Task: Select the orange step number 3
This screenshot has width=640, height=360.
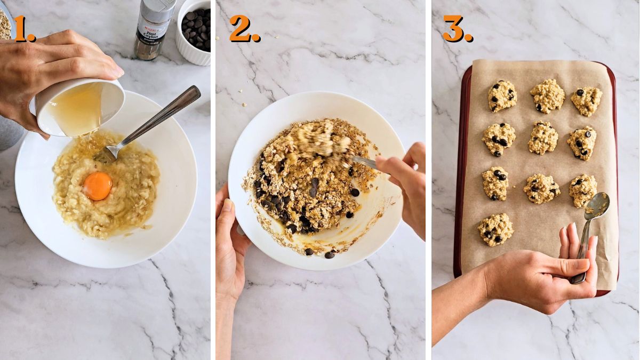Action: (x=457, y=29)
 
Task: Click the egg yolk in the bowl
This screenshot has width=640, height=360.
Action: (x=98, y=186)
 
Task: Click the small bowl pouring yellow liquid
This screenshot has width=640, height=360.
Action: (x=80, y=107)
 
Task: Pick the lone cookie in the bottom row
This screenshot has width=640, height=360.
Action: (x=495, y=229)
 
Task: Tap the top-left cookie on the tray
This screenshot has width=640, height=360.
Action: (x=502, y=95)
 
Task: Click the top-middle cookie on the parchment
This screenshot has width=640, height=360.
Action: (x=547, y=96)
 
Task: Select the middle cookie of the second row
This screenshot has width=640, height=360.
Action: (x=543, y=138)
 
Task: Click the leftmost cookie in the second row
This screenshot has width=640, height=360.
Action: (x=499, y=138)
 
